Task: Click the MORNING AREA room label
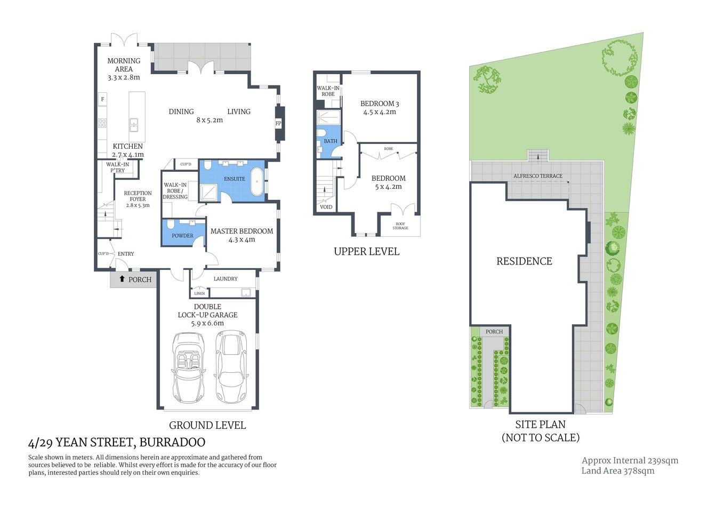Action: pyautogui.click(x=124, y=65)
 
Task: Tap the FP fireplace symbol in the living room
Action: pyautogui.click(x=278, y=124)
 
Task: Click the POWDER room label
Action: pyautogui.click(x=182, y=236)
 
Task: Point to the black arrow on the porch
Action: pyautogui.click(x=122, y=279)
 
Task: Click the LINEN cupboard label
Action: pyautogui.click(x=199, y=293)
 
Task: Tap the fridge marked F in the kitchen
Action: pyautogui.click(x=102, y=99)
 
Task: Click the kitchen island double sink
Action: pyautogui.click(x=134, y=125)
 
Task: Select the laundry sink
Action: pyautogui.click(x=246, y=292)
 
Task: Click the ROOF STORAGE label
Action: pyautogui.click(x=400, y=226)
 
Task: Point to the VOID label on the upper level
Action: pyautogui.click(x=326, y=207)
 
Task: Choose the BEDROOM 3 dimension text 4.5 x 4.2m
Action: pyautogui.click(x=380, y=112)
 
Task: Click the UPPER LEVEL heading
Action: pyautogui.click(x=366, y=252)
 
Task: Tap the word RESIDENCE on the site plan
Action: pyautogui.click(x=524, y=261)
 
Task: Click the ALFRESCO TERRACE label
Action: pyautogui.click(x=537, y=176)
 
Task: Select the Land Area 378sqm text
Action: pyautogui.click(x=617, y=471)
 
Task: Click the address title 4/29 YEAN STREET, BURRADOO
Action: pyautogui.click(x=117, y=443)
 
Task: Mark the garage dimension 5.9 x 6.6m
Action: pyautogui.click(x=207, y=323)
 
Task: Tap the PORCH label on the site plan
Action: pyautogui.click(x=494, y=332)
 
